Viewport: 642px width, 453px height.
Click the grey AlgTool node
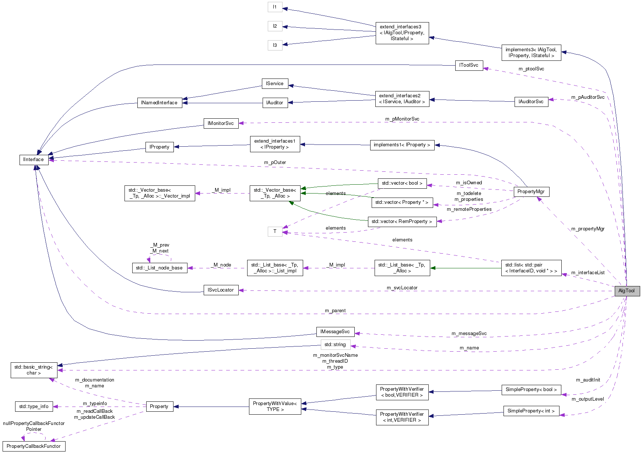click(627, 291)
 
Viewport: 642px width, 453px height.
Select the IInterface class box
click(34, 160)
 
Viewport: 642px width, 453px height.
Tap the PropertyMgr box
click(531, 192)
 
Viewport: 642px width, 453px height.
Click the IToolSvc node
click(469, 65)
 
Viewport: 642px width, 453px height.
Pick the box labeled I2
click(275, 26)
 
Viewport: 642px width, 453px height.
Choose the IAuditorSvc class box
click(531, 102)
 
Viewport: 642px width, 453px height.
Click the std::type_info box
click(34, 407)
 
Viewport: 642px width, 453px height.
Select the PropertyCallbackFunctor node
click(34, 446)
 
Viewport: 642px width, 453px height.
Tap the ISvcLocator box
click(221, 290)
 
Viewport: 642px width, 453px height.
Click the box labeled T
click(275, 231)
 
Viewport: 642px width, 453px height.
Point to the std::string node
click(335, 345)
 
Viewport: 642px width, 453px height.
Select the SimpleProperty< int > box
click(531, 411)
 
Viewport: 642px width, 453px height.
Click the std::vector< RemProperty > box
click(402, 222)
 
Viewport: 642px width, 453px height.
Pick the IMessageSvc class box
click(335, 332)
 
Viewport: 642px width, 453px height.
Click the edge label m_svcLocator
click(402, 288)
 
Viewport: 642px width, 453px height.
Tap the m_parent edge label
click(335, 311)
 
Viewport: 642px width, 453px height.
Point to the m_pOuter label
click(275, 163)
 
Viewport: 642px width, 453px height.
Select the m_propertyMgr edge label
click(588, 229)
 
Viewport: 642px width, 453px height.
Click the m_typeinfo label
click(95, 404)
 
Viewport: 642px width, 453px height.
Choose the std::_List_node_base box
click(159, 268)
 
